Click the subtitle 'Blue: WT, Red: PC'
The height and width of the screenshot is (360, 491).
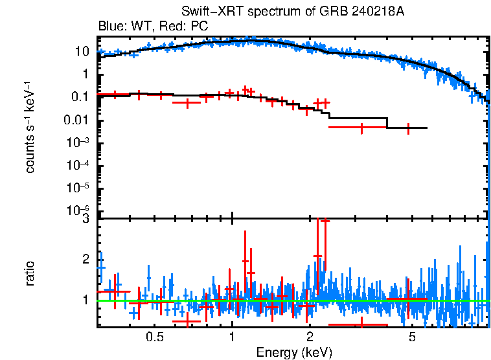tap(152, 27)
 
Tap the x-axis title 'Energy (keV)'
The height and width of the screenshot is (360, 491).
tap(294, 353)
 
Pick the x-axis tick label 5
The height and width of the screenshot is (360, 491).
tap(412, 337)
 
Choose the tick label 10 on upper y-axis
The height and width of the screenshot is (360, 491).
tap(82, 51)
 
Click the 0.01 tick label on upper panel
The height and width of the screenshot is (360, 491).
tap(77, 120)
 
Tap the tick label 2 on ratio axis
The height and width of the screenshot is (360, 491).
tap(86, 259)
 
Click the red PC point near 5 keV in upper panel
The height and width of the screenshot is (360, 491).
tap(409, 128)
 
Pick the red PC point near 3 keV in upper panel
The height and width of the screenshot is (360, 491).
tap(361, 128)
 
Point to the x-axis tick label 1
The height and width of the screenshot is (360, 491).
tap(232, 337)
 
